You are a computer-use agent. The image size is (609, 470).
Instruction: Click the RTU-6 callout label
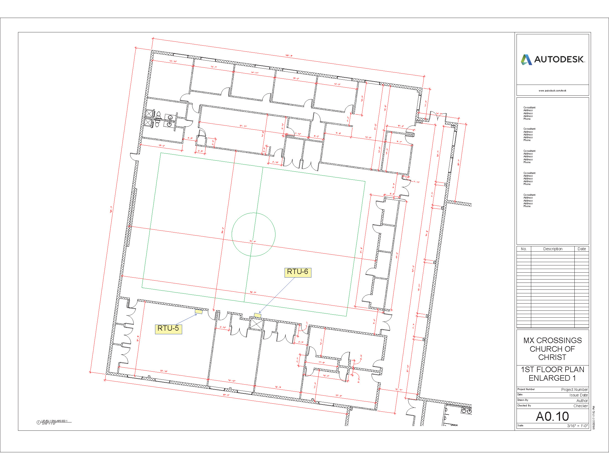pyautogui.click(x=298, y=272)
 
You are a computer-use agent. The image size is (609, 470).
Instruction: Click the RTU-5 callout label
pyautogui.click(x=168, y=328)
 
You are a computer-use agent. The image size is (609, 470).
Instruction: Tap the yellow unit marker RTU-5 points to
pyautogui.click(x=198, y=312)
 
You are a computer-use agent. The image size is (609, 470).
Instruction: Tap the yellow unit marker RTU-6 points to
pyautogui.click(x=257, y=315)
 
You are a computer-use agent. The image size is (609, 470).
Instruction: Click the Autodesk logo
pyautogui.click(x=553, y=60)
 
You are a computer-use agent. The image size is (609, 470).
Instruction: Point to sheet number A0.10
pyautogui.click(x=552, y=416)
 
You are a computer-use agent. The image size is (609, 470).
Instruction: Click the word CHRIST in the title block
pyautogui.click(x=552, y=357)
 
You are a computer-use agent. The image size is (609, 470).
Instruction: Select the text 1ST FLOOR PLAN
pyautogui.click(x=553, y=369)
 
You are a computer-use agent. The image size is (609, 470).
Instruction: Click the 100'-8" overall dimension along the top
pyautogui.click(x=289, y=56)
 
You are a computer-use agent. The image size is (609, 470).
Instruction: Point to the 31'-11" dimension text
pyautogui.click(x=243, y=126)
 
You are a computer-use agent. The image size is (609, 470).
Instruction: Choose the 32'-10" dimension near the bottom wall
pyautogui.click(x=164, y=371)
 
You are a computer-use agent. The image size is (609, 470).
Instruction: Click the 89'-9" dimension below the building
pyautogui.click(x=226, y=395)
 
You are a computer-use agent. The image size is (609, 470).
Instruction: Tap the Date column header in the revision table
pyautogui.click(x=581, y=249)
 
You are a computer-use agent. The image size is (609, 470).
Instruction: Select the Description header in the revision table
pyautogui.click(x=553, y=249)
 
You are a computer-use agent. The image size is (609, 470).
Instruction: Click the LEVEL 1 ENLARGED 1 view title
pyautogui.click(x=54, y=421)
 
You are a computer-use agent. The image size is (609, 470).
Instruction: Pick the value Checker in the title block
pyautogui.click(x=580, y=406)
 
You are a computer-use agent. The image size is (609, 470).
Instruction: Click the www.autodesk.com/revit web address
pyautogui.click(x=553, y=90)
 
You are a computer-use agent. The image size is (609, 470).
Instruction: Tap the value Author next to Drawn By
pyautogui.click(x=582, y=401)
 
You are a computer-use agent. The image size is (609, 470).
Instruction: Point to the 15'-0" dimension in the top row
pyautogui.click(x=296, y=79)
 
